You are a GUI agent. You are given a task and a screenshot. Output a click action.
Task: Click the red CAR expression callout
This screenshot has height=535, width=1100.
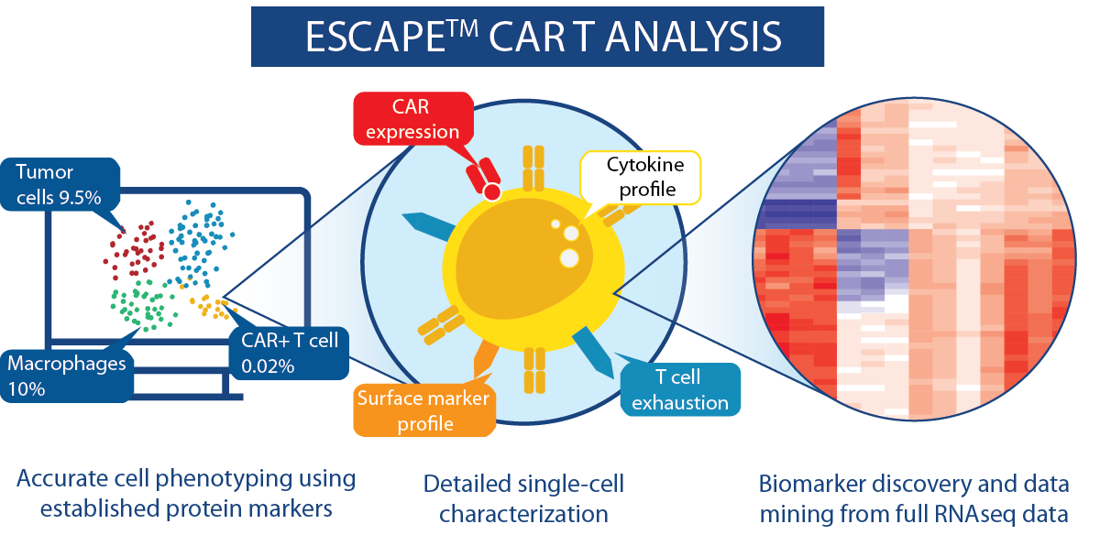(413, 119)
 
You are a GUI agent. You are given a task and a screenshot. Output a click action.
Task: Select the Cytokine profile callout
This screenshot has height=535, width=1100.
(641, 177)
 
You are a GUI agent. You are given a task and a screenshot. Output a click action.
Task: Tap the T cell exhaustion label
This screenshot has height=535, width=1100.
(680, 389)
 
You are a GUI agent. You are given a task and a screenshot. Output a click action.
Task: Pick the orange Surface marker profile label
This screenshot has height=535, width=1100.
(423, 410)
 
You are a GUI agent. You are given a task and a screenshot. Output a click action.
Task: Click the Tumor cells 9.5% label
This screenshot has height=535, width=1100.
(60, 184)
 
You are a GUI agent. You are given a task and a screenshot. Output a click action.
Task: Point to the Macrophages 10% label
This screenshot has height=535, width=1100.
(66, 376)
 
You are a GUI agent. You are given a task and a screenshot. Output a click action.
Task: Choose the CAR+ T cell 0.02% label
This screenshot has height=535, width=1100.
(290, 353)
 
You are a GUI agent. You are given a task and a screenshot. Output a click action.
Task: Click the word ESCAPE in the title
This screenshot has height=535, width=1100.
(375, 38)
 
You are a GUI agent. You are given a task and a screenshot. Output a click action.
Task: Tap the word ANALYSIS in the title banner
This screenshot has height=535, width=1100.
(693, 38)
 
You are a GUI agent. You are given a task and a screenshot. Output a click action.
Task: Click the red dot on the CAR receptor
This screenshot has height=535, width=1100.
(492, 191)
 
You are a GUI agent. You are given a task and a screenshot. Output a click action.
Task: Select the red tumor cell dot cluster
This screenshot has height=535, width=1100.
(134, 250)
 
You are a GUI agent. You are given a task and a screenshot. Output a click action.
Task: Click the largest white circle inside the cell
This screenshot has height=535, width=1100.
(569, 258)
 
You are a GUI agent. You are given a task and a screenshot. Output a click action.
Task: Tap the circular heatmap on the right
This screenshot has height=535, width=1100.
(915, 258)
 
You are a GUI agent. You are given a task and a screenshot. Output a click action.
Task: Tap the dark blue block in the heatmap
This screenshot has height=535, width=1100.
(797, 214)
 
